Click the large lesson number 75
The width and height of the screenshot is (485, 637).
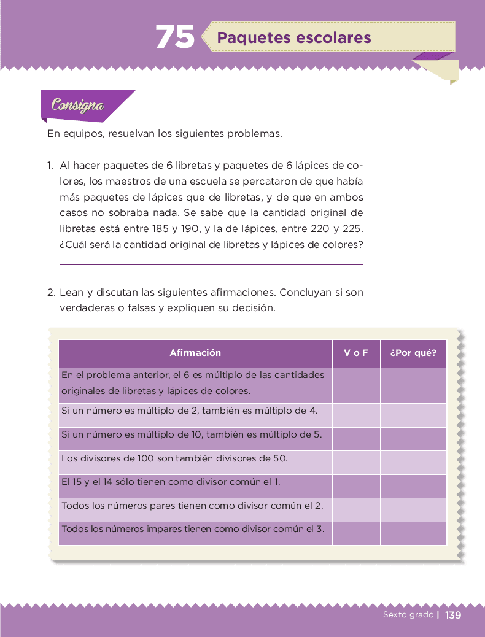tap(175, 37)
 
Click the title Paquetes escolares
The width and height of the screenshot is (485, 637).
tap(294, 38)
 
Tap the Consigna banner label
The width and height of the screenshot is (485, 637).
tap(78, 105)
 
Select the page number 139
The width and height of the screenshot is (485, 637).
tap(453, 615)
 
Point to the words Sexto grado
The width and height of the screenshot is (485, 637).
tap(408, 615)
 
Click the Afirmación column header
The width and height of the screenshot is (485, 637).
tap(195, 353)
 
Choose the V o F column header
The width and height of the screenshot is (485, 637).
tap(356, 353)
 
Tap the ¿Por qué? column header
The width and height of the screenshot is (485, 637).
tap(413, 353)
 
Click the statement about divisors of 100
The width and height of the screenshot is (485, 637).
tap(174, 458)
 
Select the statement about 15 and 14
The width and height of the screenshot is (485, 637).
tap(171, 482)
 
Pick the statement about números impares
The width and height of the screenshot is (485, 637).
tap(193, 529)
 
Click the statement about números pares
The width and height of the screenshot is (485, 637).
tap(193, 506)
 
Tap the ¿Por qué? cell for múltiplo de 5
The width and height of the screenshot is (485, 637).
tap(413, 439)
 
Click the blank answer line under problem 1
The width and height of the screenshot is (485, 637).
tap(211, 264)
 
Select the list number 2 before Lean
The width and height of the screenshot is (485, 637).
tap(51, 293)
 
